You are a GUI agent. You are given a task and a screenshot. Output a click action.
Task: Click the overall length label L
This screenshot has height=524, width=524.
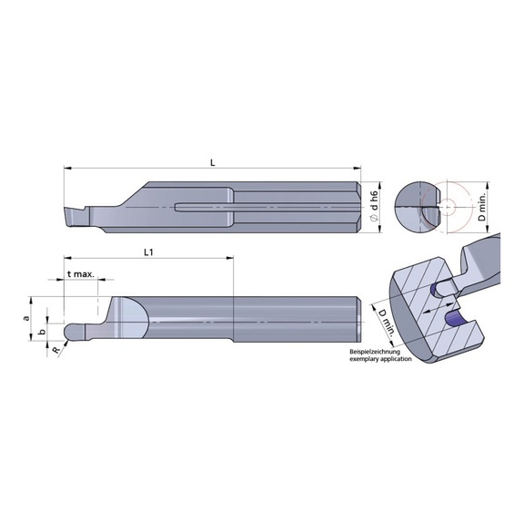click(211, 162)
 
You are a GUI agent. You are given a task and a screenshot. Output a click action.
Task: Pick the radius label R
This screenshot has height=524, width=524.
click(55, 349)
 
